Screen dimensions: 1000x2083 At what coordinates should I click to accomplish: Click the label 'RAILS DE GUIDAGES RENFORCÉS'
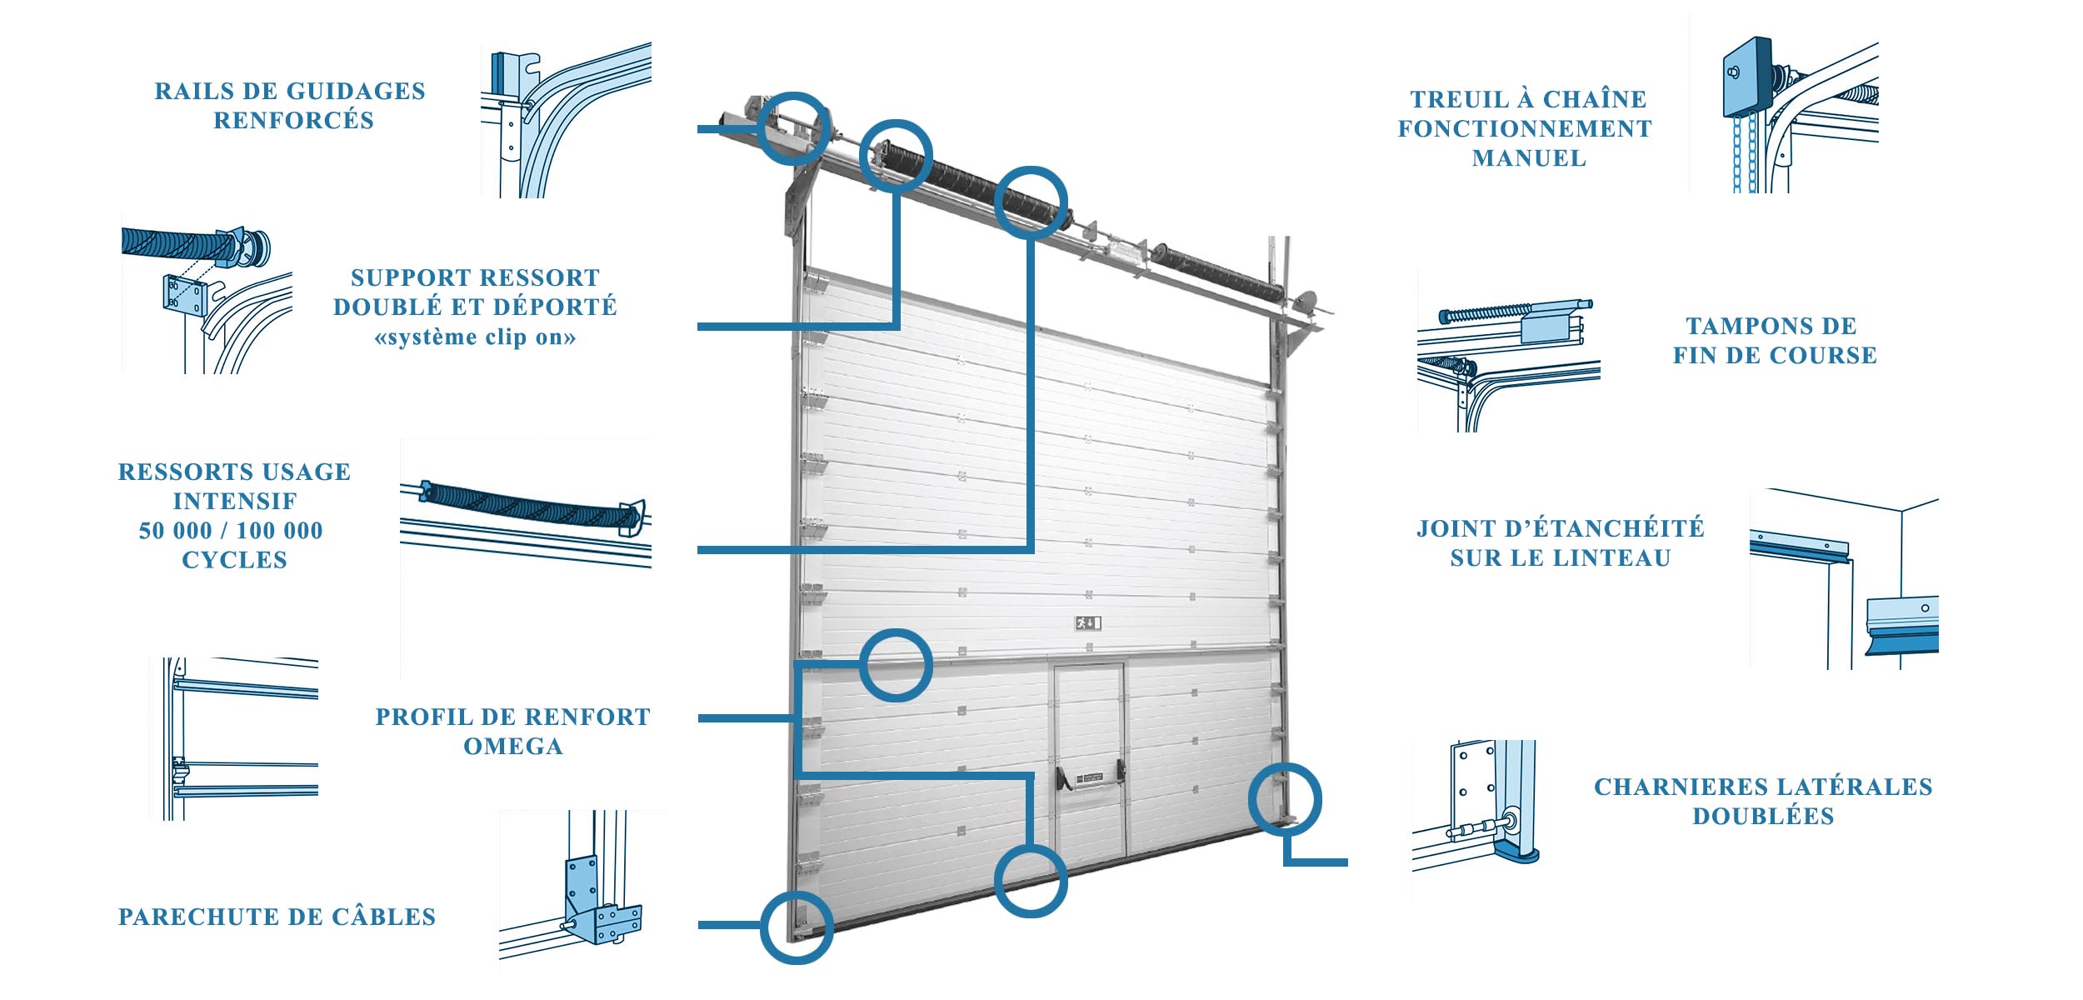[290, 106]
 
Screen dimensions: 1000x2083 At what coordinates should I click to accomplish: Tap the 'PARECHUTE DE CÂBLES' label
[277, 917]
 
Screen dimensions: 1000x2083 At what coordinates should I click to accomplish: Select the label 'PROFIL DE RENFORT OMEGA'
[512, 731]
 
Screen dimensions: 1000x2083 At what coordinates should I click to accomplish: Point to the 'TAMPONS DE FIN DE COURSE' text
[1774, 340]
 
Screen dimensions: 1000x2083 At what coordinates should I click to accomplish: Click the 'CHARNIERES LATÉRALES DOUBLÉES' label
[1762, 801]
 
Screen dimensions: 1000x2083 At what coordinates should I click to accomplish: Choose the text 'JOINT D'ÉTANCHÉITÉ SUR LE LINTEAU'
[1560, 542]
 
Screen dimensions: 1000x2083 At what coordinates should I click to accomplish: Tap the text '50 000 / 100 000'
[231, 530]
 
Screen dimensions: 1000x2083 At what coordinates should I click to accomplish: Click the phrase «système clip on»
[475, 337]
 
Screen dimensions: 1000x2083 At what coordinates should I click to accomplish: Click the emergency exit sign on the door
[1088, 622]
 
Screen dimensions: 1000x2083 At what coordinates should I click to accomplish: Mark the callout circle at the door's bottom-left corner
[796, 927]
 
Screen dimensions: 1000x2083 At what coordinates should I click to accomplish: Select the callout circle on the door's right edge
[1284, 798]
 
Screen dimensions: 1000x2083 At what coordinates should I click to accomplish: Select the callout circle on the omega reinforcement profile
[895, 665]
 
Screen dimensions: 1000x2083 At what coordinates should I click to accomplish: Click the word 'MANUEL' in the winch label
[1529, 158]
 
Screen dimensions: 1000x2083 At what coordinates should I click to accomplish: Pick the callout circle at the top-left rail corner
[794, 127]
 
